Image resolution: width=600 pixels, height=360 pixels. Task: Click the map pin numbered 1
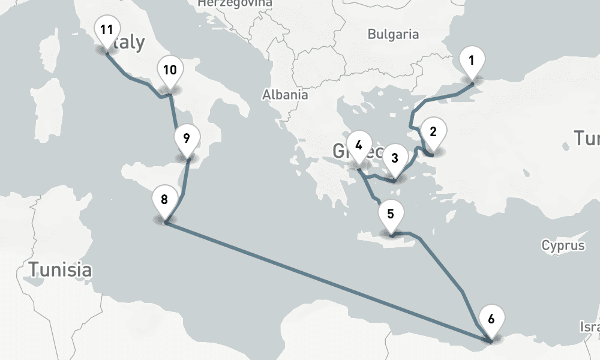(472, 61)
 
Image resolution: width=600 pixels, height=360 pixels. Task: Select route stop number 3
(395, 158)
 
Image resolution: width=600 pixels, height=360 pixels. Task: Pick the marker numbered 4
(359, 145)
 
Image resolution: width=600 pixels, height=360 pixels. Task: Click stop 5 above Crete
(391, 214)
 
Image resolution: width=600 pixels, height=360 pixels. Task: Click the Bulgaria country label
(393, 34)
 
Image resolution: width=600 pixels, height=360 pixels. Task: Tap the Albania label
(285, 94)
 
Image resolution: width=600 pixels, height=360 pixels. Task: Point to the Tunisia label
(62, 269)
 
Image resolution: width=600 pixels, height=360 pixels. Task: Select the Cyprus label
(563, 245)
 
